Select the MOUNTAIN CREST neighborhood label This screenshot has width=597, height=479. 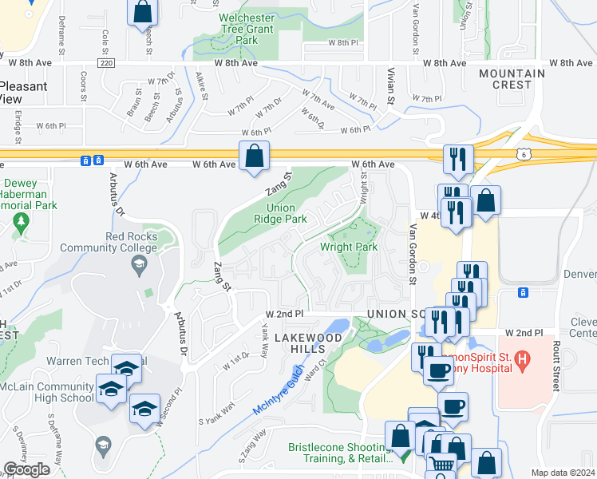click(512, 78)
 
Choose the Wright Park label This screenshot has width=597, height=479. click(349, 247)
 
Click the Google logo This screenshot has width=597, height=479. click(26, 469)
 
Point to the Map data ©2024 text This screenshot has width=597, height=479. click(563, 473)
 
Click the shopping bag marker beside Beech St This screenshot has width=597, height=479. click(142, 12)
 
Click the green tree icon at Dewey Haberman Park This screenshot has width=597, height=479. click(22, 220)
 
